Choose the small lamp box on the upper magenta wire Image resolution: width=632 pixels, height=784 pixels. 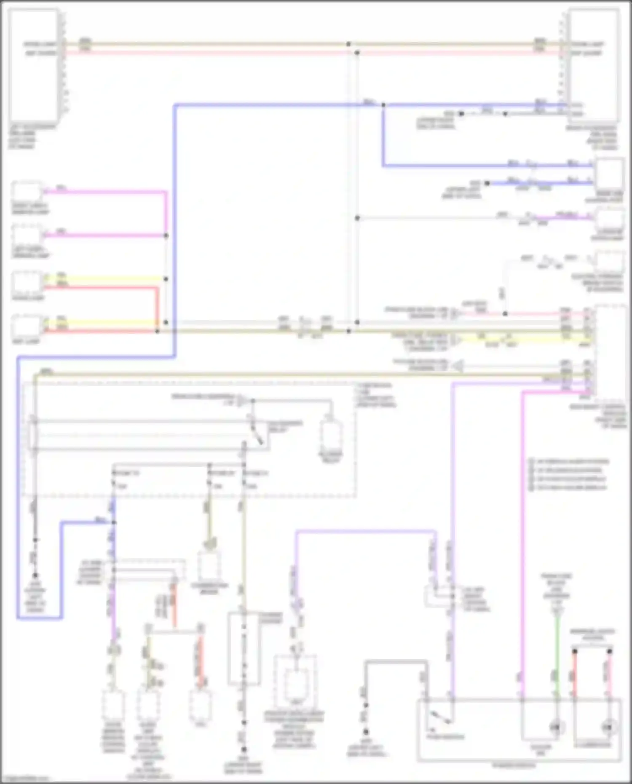tap(27, 192)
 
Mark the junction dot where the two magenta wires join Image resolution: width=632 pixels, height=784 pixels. tap(166, 235)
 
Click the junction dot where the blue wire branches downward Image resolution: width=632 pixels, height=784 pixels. tap(383, 104)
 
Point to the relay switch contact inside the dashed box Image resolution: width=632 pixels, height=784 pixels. tap(257, 434)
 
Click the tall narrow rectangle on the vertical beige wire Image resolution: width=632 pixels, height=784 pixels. tap(244, 649)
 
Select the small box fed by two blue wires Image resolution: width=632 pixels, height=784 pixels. tap(609, 174)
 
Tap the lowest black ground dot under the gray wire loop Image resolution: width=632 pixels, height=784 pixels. tap(366, 732)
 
